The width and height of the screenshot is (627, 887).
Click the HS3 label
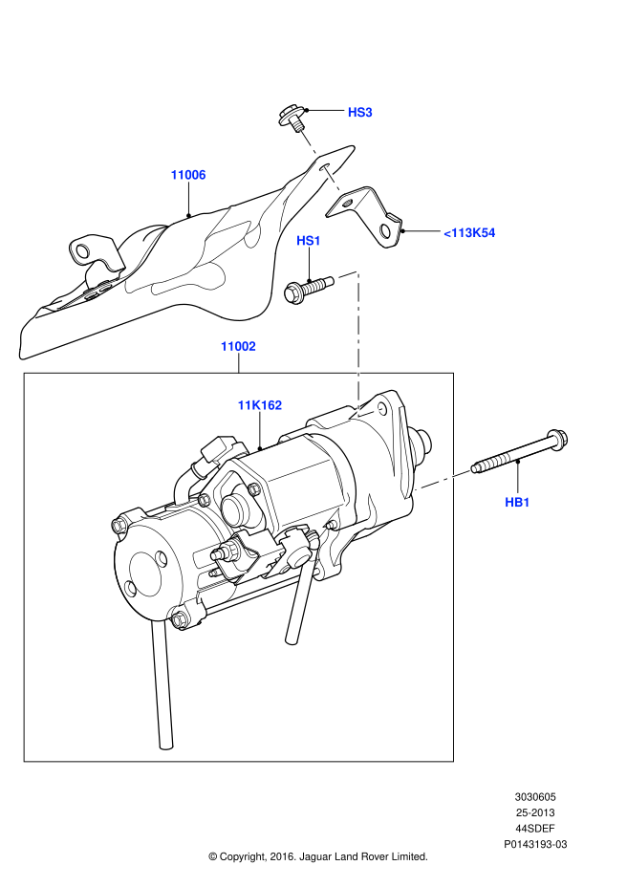(359, 113)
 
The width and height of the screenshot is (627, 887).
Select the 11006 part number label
(188, 175)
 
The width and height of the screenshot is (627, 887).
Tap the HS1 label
(308, 241)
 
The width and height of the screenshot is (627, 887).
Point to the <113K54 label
(469, 233)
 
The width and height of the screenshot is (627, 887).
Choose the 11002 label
(238, 346)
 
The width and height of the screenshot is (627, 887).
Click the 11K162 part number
(260, 405)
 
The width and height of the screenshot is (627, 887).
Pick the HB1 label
(517, 503)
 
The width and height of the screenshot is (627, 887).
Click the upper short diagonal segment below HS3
(309, 142)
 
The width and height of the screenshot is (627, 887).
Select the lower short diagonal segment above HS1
(333, 180)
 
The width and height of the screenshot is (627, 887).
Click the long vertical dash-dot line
(358, 344)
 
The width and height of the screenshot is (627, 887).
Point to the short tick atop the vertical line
(349, 274)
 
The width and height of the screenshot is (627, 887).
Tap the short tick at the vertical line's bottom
(371, 413)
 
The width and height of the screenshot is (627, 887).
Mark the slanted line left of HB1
(443, 480)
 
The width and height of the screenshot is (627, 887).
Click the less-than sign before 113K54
(447, 233)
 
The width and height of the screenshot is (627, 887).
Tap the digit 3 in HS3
(368, 113)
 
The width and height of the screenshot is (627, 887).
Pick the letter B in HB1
(517, 503)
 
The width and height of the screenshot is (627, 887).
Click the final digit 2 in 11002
(251, 346)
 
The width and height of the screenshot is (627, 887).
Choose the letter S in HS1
(308, 241)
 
